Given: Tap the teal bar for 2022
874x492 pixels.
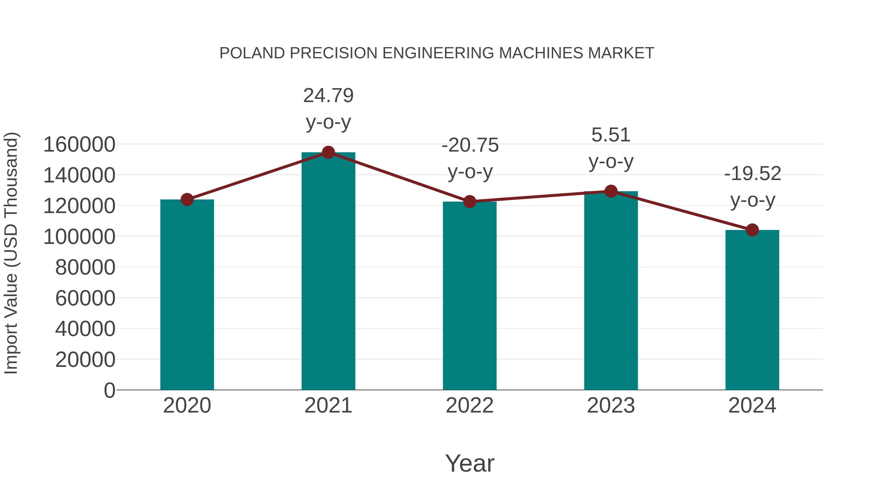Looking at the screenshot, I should pyautogui.click(x=470, y=296).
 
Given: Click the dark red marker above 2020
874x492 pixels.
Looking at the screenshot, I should pyautogui.click(x=187, y=200).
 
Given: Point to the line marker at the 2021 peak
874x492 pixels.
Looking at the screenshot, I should pyautogui.click(x=328, y=152).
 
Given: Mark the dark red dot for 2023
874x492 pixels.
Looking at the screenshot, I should pyautogui.click(x=611, y=191).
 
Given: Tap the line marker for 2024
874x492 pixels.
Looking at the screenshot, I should pyautogui.click(x=752, y=230).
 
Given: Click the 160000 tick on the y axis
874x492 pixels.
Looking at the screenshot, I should pyautogui.click(x=79, y=145).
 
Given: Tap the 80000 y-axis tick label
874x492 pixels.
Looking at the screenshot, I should pyautogui.click(x=85, y=268).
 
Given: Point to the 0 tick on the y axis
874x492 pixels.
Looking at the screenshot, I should pyautogui.click(x=109, y=390).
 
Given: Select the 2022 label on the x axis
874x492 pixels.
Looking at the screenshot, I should pyautogui.click(x=470, y=406).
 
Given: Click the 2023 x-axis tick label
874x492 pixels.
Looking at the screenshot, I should pyautogui.click(x=611, y=406).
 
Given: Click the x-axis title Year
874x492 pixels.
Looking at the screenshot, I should pyautogui.click(x=470, y=463).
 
